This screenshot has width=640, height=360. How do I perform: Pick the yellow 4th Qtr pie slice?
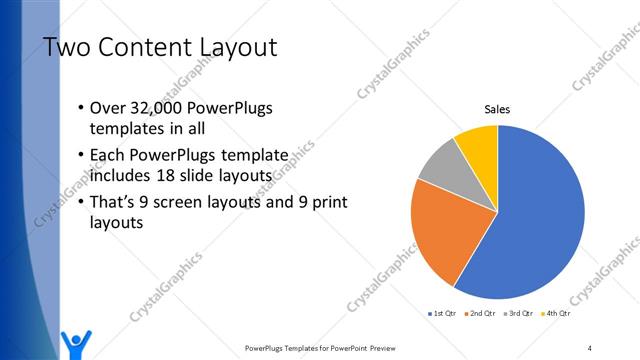click(478, 148)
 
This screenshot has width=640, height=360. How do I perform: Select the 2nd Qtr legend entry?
click(484, 314)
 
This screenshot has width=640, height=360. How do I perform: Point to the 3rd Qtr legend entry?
click(522, 314)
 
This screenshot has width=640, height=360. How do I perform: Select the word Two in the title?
click(66, 47)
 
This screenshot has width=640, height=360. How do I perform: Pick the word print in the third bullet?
click(329, 202)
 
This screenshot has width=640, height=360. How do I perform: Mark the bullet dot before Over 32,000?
click(80, 109)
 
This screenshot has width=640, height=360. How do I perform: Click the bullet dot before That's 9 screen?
click(80, 202)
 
